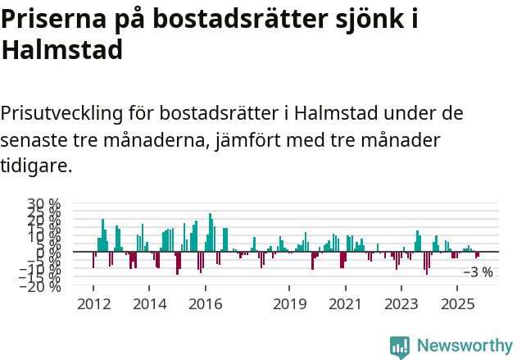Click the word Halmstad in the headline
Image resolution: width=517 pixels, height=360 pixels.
point(62,50)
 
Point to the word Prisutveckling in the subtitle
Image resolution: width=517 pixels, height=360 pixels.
point(69,112)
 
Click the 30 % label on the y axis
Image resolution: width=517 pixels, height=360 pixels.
point(43,203)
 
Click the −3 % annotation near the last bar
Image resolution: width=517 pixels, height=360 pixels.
point(478,272)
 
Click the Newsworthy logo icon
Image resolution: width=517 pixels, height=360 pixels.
point(399,346)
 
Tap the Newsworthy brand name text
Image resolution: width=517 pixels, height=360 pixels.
point(464,346)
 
